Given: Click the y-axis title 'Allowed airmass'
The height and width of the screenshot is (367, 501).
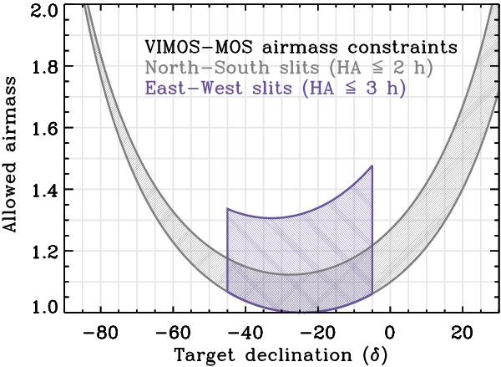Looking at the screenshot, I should click(12, 159).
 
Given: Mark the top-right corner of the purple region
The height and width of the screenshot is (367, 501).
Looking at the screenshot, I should click(372, 166).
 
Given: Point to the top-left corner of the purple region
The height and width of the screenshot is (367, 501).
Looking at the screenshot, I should click(227, 209).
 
